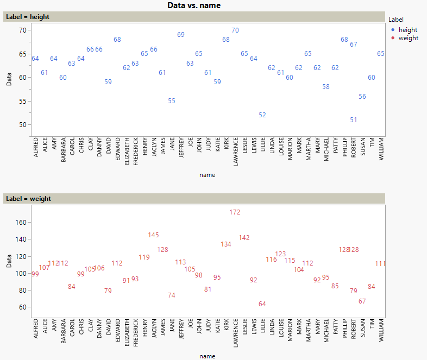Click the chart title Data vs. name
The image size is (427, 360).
click(x=194, y=5)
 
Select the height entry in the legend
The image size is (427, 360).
click(x=407, y=30)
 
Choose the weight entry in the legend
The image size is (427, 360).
click(x=408, y=38)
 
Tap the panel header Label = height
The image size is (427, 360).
click(x=28, y=17)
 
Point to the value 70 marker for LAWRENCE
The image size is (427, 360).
click(x=235, y=30)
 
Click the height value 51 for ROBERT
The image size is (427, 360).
click(x=354, y=120)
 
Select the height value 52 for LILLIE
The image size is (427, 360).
click(x=262, y=115)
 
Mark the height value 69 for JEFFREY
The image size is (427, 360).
click(x=181, y=35)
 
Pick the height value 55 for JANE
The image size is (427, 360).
click(x=172, y=101)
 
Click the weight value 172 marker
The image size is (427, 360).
click(x=235, y=212)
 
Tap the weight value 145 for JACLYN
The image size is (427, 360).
click(x=154, y=235)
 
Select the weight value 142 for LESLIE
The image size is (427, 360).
click(x=244, y=238)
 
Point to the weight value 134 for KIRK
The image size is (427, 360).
click(x=226, y=244)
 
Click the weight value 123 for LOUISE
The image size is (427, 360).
click(x=280, y=254)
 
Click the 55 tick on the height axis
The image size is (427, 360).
click(x=22, y=101)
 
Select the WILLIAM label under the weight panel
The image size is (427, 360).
click(x=381, y=329)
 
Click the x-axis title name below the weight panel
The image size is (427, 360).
click(x=207, y=356)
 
